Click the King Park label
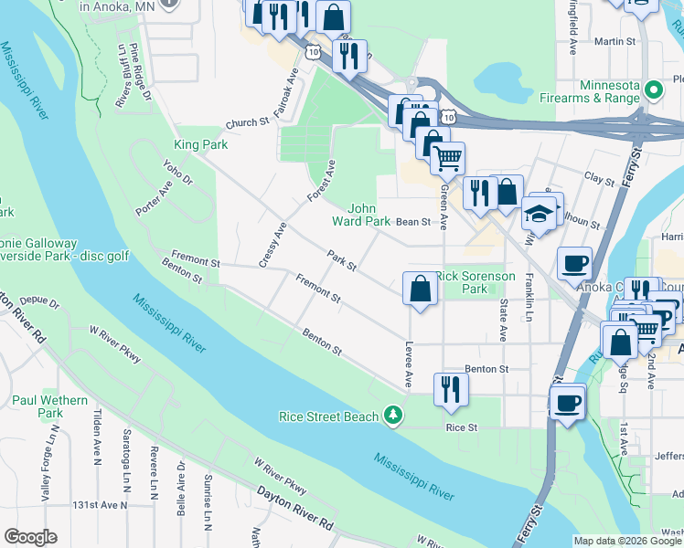(x=200, y=144)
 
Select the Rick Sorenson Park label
(x=475, y=281)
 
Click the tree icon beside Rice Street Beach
(x=393, y=416)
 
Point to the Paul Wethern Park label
(x=50, y=406)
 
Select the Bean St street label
(x=412, y=222)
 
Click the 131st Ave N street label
(x=101, y=504)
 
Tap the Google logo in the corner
(x=30, y=537)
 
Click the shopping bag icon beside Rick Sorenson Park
(x=420, y=289)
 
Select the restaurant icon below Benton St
(x=450, y=388)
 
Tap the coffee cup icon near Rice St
(x=567, y=403)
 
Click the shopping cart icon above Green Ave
(x=447, y=158)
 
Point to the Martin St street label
(x=615, y=42)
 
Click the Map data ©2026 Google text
(x=627, y=541)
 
